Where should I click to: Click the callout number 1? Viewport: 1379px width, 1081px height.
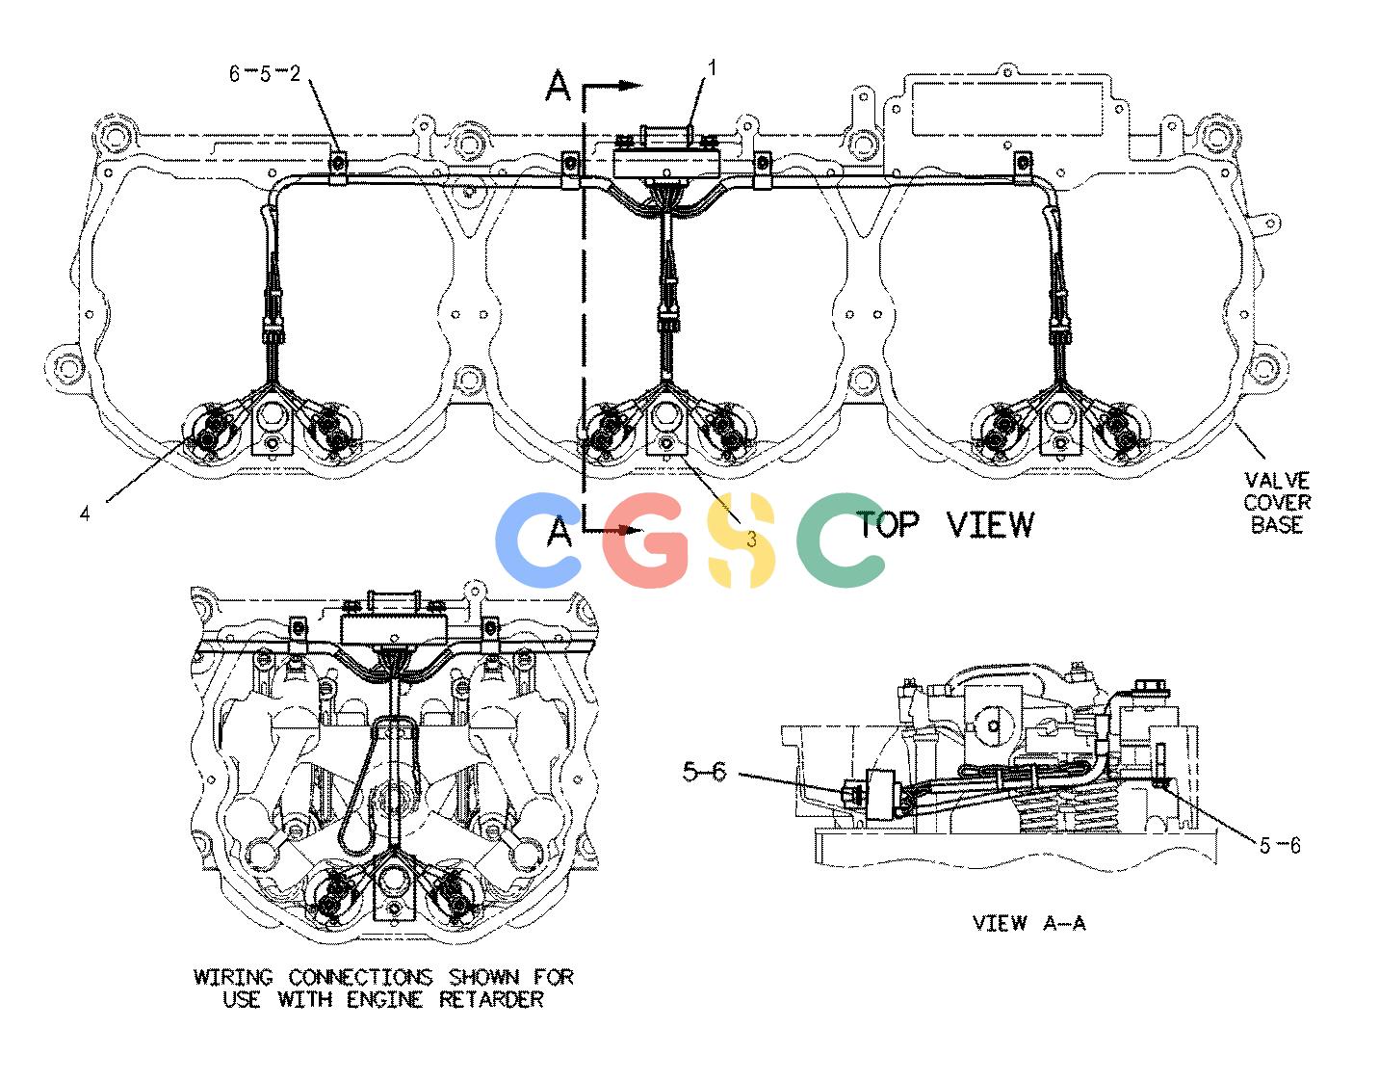pos(712,67)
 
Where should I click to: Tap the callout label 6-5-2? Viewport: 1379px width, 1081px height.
pos(264,73)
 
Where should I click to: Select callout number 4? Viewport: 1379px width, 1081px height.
pos(85,513)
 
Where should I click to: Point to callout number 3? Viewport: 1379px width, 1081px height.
pos(751,540)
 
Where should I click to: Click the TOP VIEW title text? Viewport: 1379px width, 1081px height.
pos(946,525)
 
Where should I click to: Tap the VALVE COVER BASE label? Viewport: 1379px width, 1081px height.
pos(1277,503)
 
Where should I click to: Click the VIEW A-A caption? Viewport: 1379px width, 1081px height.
pos(1029,922)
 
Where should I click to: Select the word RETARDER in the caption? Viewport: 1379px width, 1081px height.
pos(491,1000)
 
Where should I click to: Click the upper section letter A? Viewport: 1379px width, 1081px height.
pos(559,86)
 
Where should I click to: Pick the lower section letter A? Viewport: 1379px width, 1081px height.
pos(559,531)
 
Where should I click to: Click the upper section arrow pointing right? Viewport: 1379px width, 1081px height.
pos(612,86)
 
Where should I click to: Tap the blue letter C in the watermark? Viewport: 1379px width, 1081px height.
pos(536,540)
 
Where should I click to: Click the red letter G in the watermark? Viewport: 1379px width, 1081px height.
pos(644,540)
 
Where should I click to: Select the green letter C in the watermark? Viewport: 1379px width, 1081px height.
pos(839,540)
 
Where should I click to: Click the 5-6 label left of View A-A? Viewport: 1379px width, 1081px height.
pos(704,771)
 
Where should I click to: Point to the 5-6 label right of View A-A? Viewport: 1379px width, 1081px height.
pos(1280,846)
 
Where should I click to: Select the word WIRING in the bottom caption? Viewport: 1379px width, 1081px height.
pos(234,977)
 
